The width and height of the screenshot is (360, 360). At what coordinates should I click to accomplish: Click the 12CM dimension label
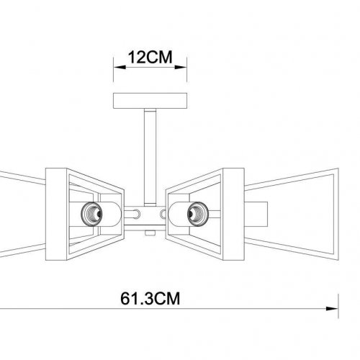pos(148,56)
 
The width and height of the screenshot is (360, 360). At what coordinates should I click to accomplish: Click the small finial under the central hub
pos(148,233)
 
